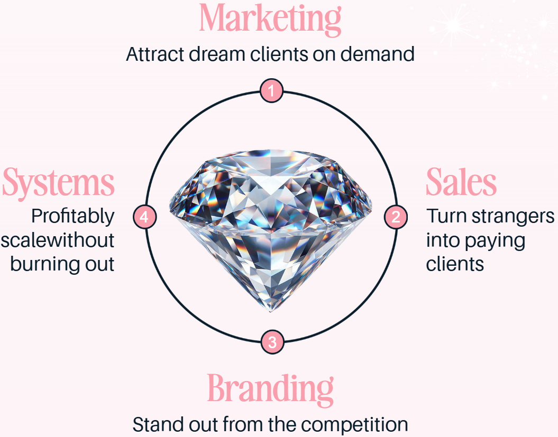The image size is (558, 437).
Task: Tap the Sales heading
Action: click(461, 182)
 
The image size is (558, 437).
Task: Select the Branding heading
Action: click(270, 389)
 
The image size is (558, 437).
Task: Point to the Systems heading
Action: click(59, 182)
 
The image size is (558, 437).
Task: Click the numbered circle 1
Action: click(272, 91)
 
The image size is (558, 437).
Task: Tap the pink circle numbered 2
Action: click(396, 217)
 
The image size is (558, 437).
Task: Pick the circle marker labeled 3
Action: click(272, 342)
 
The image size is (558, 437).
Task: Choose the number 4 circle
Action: click(145, 217)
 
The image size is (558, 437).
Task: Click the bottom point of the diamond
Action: click(270, 311)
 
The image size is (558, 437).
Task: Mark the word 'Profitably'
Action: click(72, 217)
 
